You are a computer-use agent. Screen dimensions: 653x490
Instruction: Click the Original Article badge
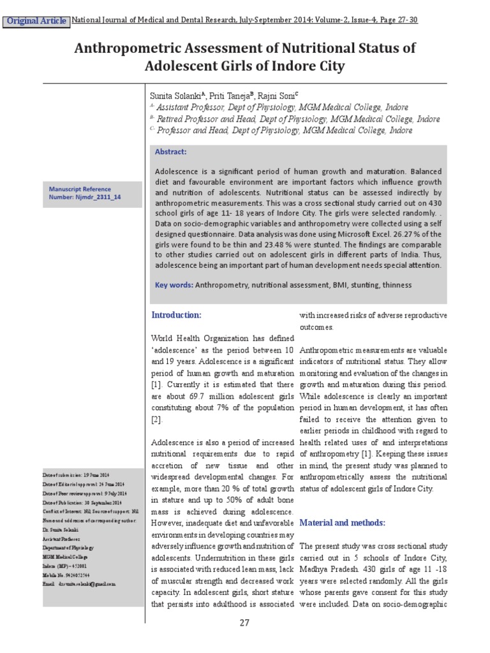click(36, 21)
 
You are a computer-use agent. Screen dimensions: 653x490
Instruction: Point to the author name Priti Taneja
click(217, 95)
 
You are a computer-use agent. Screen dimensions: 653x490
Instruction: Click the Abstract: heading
click(171, 152)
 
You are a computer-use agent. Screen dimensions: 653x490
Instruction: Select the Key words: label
click(174, 285)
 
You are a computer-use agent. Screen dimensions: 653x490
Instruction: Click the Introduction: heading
click(176, 315)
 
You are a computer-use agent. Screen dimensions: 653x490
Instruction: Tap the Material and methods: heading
click(343, 523)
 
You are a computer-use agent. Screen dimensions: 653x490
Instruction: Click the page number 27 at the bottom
click(244, 623)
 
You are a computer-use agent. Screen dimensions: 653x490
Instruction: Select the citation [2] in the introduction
click(157, 420)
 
